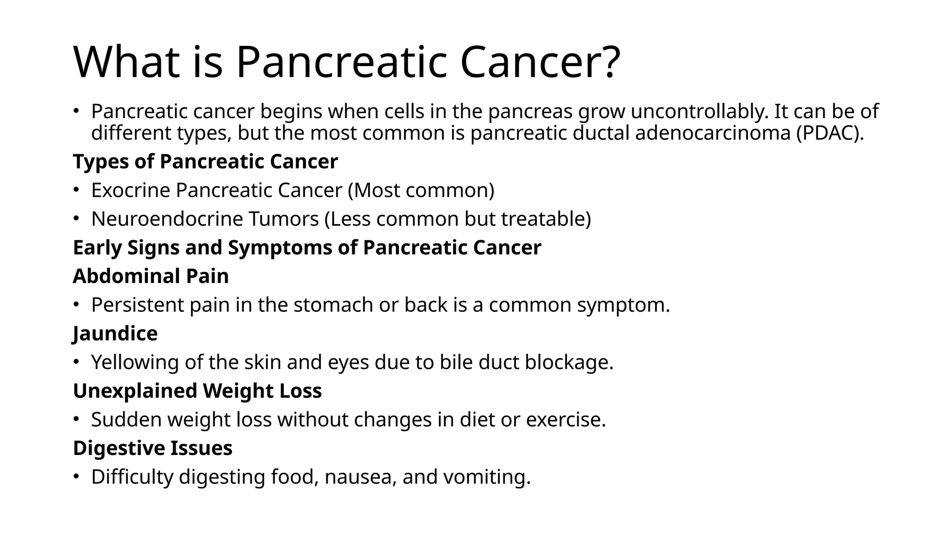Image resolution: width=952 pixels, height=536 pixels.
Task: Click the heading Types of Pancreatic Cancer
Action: pyautogui.click(x=205, y=162)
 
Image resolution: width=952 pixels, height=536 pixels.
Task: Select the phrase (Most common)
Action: pyautogui.click(x=421, y=190)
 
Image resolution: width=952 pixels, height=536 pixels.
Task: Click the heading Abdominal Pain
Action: pyautogui.click(x=151, y=276)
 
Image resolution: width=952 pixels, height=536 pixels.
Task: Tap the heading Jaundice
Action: pyautogui.click(x=115, y=334)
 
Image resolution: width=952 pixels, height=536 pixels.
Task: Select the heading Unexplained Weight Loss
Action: pyautogui.click(x=197, y=391)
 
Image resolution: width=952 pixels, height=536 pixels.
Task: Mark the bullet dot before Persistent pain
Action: pyautogui.click(x=76, y=305)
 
